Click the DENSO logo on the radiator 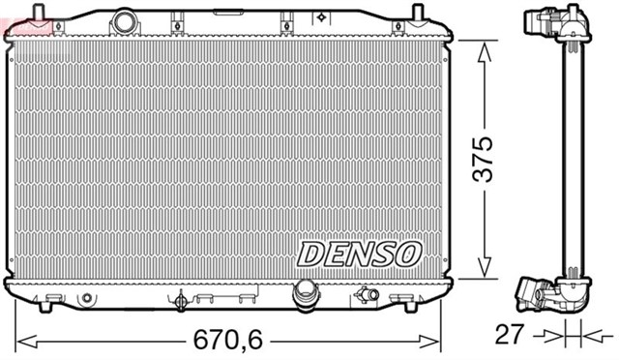(x=359, y=254)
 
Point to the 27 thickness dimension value (x=510, y=335)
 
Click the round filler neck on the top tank (x=124, y=20)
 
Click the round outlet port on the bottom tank (x=306, y=289)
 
